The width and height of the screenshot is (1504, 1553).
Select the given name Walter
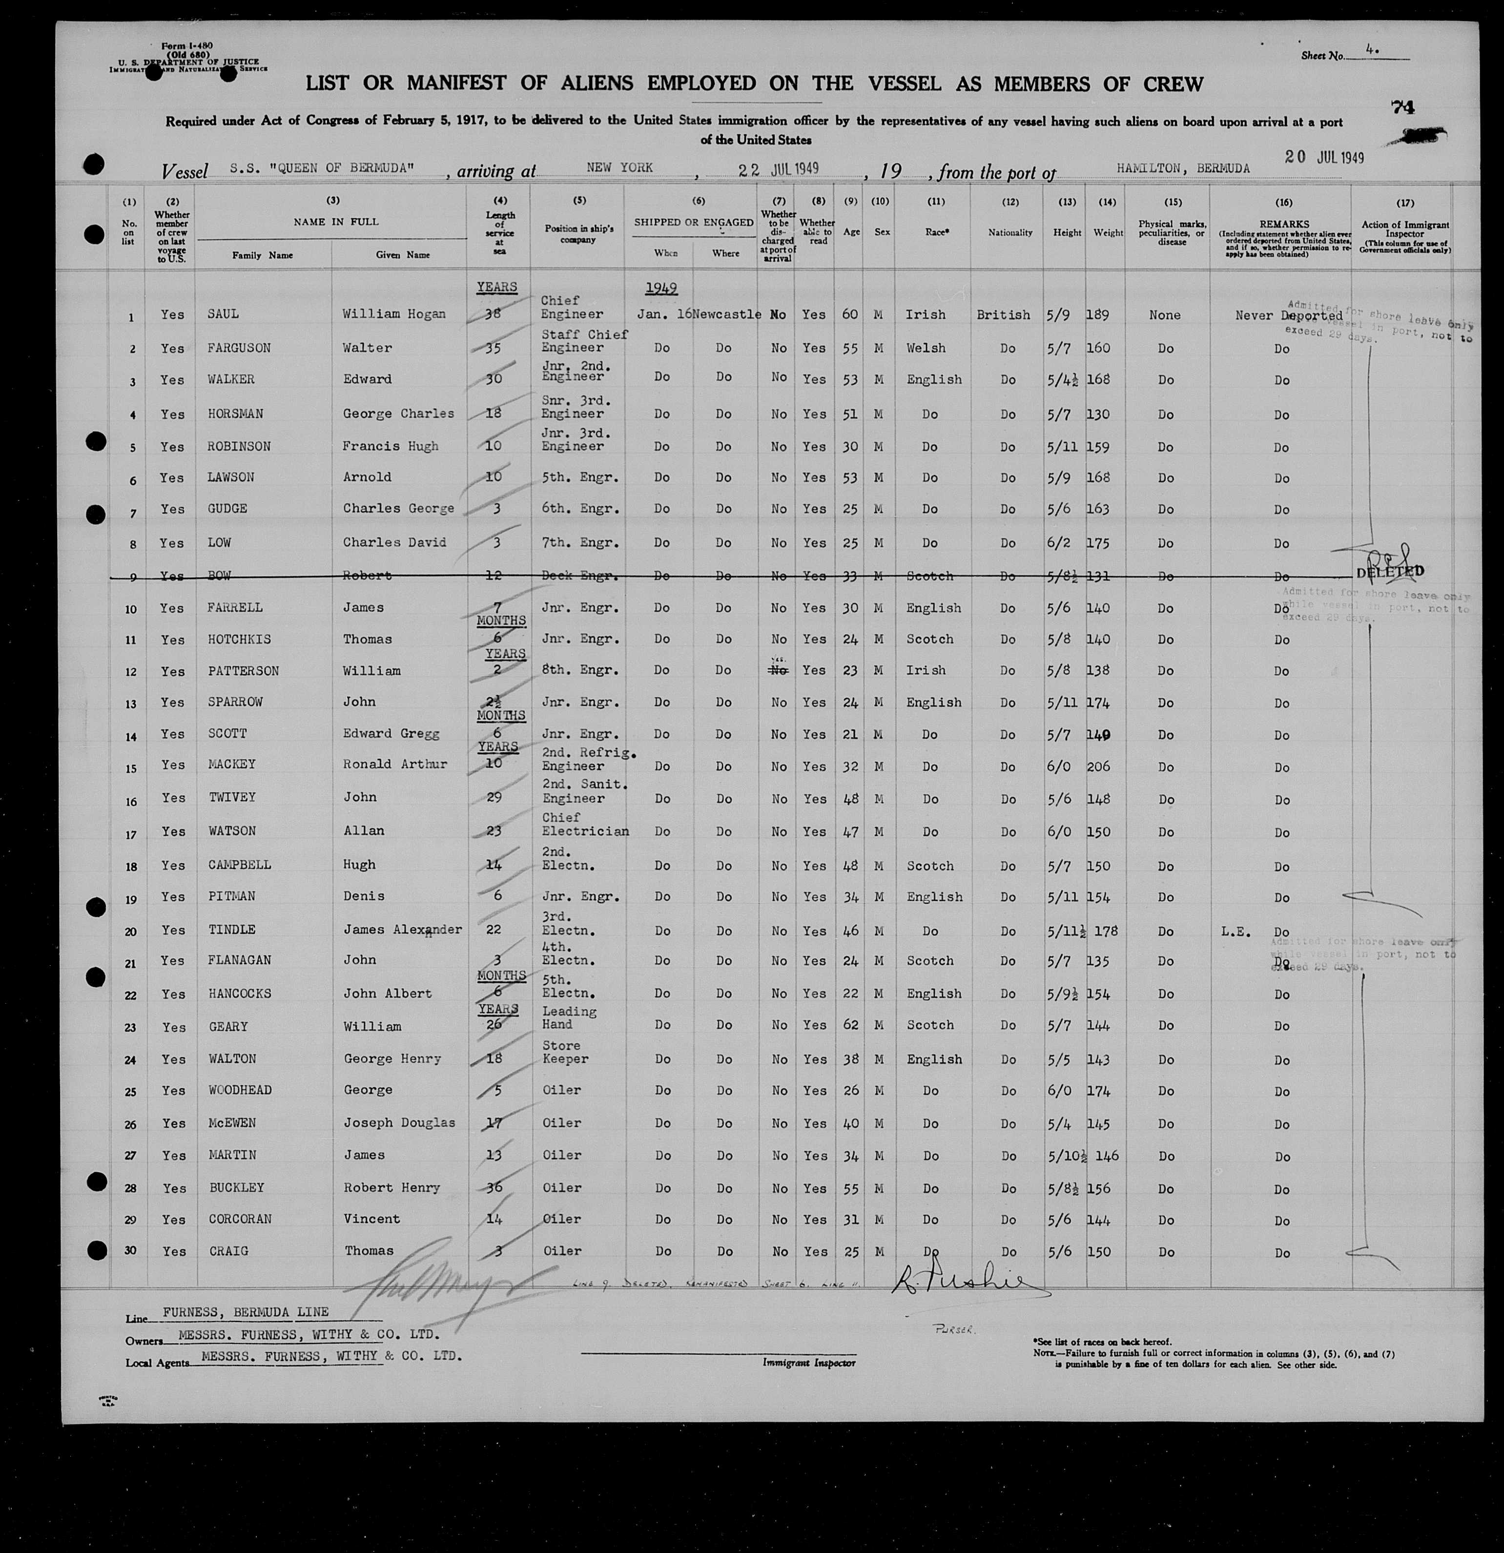[x=367, y=348]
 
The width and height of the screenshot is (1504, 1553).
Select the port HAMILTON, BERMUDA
[x=1183, y=169]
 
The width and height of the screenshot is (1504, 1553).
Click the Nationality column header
[x=1010, y=233]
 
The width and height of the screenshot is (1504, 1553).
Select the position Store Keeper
[x=562, y=1052]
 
